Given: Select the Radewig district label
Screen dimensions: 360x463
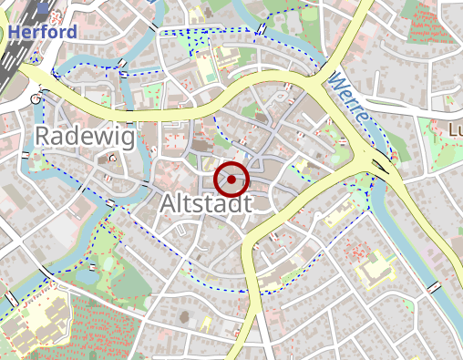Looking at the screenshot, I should [x=85, y=138].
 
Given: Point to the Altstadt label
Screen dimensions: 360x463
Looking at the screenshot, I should [x=205, y=204].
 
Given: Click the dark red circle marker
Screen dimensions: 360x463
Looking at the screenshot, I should [x=232, y=180].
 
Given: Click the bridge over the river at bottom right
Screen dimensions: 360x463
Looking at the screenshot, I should [x=434, y=288].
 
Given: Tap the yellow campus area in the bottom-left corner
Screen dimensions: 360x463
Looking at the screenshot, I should [x=36, y=319].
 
